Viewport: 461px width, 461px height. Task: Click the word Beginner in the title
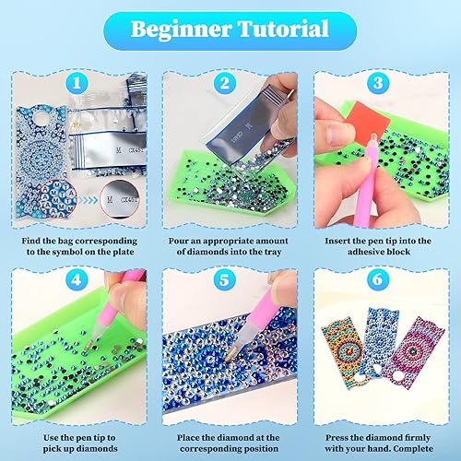[182, 30]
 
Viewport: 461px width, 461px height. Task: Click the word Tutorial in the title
[283, 29]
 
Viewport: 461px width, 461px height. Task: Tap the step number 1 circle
[77, 83]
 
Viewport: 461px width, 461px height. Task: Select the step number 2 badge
[225, 83]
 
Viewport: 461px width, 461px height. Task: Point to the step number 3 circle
[378, 83]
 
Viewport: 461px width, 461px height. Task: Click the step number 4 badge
[77, 279]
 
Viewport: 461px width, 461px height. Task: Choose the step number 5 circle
[224, 279]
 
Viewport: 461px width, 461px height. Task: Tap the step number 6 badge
[378, 279]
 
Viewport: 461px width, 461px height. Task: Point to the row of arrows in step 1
[88, 200]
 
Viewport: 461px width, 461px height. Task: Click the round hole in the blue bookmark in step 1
[41, 117]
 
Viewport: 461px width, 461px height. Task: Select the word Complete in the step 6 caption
[413, 449]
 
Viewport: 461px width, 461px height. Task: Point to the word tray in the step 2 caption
[273, 252]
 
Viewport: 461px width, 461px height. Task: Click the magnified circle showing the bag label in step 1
[120, 199]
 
